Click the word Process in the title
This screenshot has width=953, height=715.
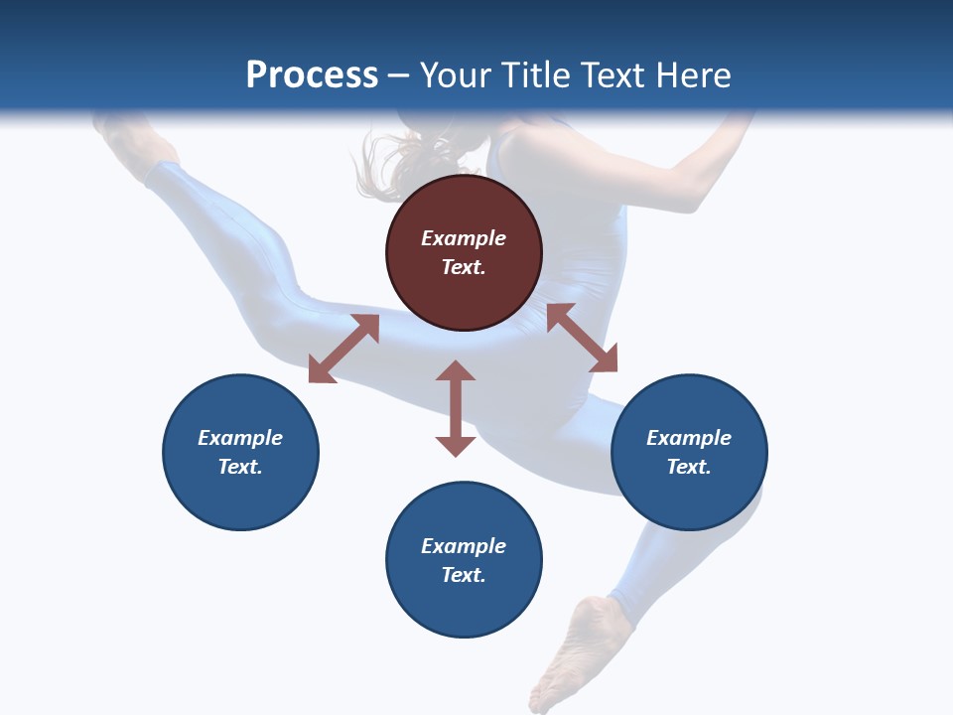(x=312, y=75)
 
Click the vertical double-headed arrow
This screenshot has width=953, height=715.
(x=456, y=408)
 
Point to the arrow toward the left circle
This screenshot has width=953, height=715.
(x=343, y=349)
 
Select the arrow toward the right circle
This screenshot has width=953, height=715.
(x=582, y=338)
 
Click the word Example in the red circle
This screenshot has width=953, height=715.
(x=464, y=238)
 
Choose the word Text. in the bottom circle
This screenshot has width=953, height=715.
(x=464, y=575)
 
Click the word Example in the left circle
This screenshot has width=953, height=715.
(x=240, y=438)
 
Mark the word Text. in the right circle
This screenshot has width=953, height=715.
(x=689, y=467)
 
